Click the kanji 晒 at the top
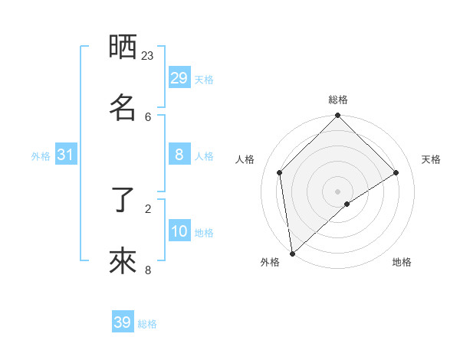tap(123, 47)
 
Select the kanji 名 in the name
tap(123, 107)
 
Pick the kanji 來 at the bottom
tap(123, 261)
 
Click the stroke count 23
tap(148, 56)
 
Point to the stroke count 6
tap(148, 116)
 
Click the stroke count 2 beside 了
tap(148, 208)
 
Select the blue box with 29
tap(179, 77)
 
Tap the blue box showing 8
tap(179, 155)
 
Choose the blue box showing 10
tap(179, 231)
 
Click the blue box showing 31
tap(66, 155)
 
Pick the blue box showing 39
tap(123, 322)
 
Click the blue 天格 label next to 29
tap(203, 79)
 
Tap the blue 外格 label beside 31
tap(41, 156)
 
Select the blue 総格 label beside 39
tap(147, 324)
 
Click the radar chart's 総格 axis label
tap(338, 100)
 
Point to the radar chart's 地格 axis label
tap(402, 262)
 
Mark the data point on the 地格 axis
tap(347, 204)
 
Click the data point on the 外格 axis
tap(292, 254)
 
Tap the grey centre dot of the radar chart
tap(338, 191)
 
